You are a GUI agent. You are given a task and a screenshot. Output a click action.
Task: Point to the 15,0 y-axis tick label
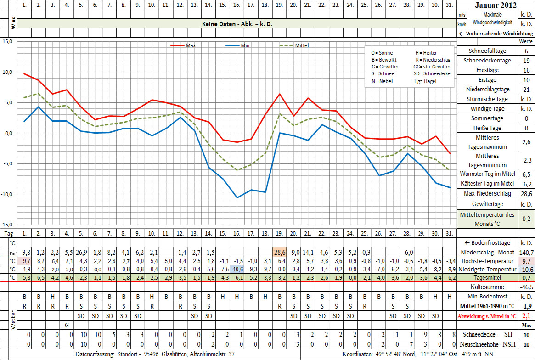pos(7,41)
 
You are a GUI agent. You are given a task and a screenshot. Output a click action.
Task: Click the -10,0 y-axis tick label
pos(6,194)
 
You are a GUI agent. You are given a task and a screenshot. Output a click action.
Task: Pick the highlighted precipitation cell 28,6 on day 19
pos(279,252)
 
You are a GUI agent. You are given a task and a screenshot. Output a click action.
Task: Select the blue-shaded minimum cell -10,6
pos(237,269)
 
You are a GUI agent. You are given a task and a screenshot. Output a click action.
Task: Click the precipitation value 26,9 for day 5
pos(81,252)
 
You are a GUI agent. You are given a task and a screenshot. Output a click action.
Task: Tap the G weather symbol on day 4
pos(67,325)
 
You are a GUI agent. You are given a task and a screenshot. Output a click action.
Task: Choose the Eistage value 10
pos(526,80)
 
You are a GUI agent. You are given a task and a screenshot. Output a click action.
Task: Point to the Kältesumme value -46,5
pos(526,287)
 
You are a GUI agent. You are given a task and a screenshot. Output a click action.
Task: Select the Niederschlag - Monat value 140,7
pos(526,253)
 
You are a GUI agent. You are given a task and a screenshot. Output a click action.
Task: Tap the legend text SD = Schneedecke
pos(432,74)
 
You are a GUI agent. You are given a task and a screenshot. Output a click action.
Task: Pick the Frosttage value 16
pos(526,70)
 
